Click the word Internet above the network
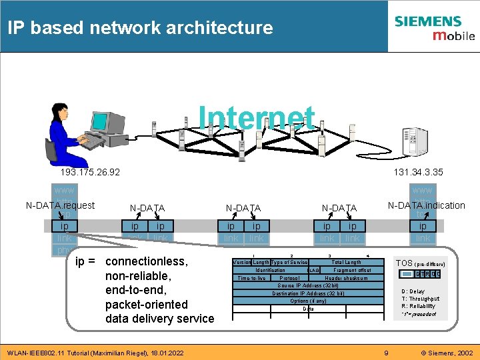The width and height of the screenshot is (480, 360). [x=257, y=118]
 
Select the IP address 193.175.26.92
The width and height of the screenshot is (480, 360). [x=90, y=172]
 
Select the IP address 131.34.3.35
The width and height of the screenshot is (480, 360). [x=418, y=172]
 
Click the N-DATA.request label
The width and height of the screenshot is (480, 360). [x=60, y=205]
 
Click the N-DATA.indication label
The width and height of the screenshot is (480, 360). [x=426, y=205]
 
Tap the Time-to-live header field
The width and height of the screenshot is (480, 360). [x=251, y=278]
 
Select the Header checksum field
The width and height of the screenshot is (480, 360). [x=346, y=278]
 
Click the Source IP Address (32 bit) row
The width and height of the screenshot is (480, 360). [x=308, y=285]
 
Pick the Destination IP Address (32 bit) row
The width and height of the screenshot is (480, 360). [x=308, y=293]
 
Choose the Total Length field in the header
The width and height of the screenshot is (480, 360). [x=346, y=263]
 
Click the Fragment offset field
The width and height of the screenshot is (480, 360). [x=352, y=270]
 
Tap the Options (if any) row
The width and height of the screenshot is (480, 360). [x=308, y=301]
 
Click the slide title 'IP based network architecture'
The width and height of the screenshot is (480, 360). [x=140, y=27]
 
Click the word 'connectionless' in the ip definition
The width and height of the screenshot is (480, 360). [x=147, y=261]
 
